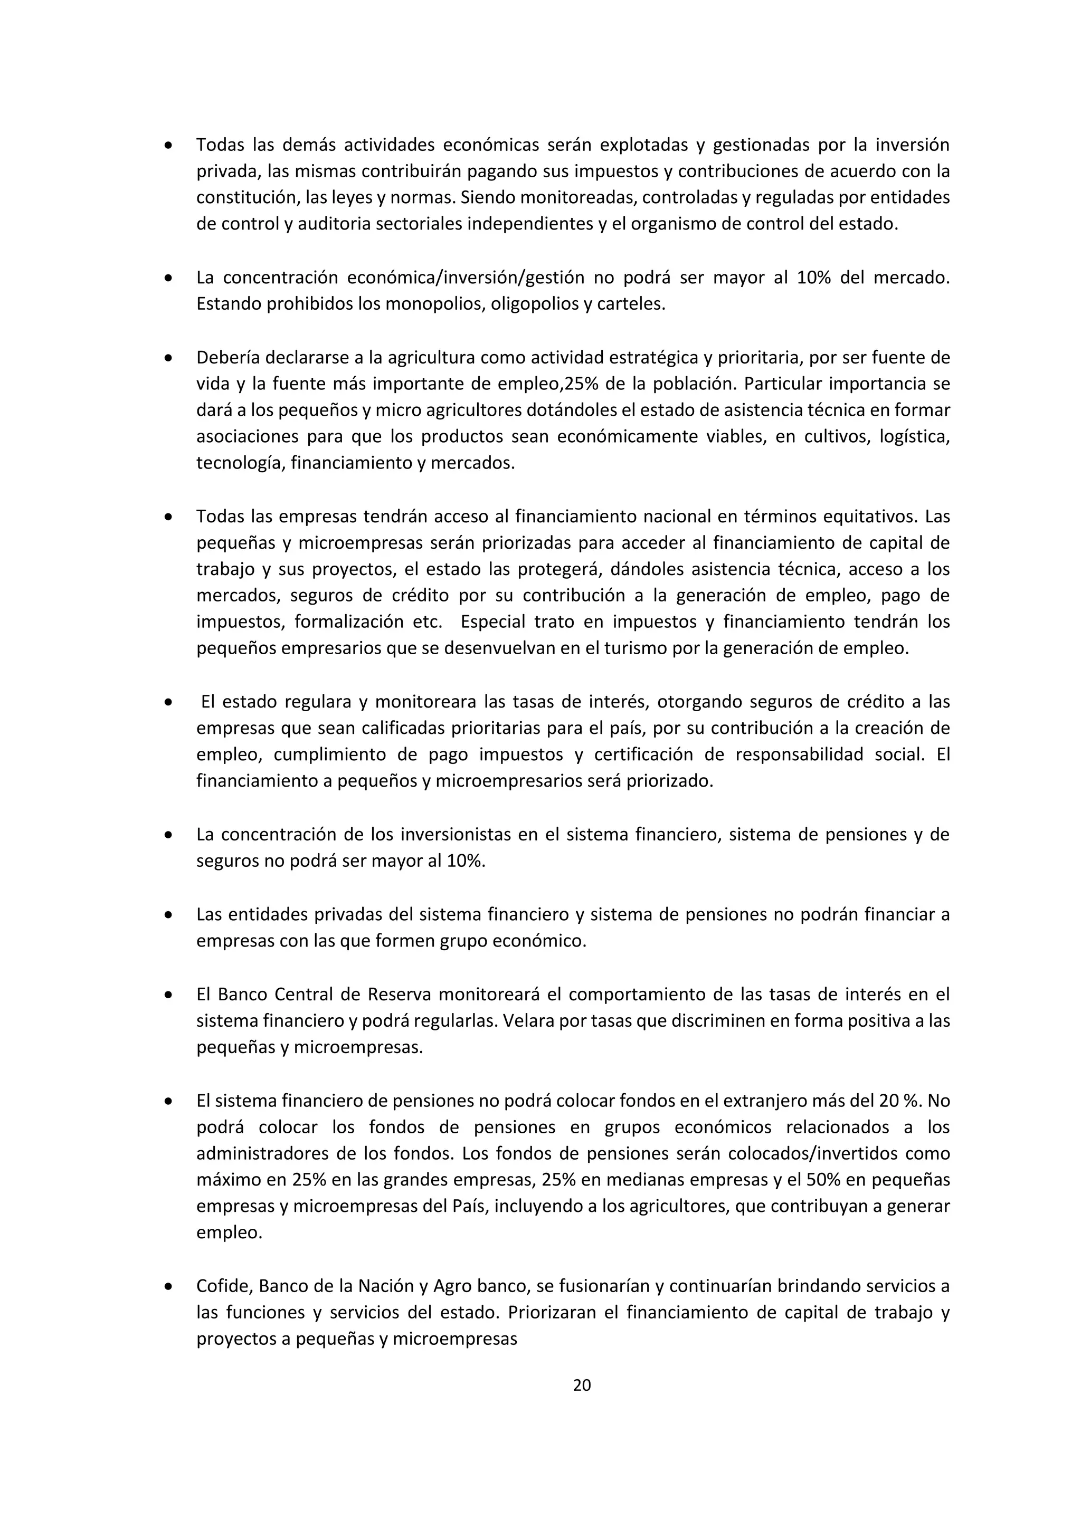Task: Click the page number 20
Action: [x=582, y=1385]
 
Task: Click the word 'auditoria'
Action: [x=334, y=224]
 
